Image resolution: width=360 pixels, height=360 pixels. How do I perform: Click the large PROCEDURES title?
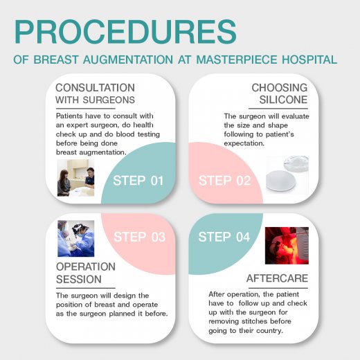point(125,32)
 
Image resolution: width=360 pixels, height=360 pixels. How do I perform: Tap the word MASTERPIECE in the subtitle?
point(237,60)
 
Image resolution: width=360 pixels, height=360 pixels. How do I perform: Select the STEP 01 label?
point(138,181)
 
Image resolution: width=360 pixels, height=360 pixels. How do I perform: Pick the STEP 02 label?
point(224,181)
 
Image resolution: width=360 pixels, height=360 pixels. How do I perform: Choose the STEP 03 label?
point(140,237)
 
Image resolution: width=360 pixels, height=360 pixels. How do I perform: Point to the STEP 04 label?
point(224,237)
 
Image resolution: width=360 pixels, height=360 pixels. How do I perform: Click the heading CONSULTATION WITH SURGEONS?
point(95,93)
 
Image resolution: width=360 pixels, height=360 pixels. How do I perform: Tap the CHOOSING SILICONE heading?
point(280,93)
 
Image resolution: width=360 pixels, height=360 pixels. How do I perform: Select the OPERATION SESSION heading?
point(86,273)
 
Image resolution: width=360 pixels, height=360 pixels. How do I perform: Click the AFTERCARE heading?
point(277,278)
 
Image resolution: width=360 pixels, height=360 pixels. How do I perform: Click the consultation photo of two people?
point(75,178)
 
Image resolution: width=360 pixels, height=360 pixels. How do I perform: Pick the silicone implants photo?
point(287,174)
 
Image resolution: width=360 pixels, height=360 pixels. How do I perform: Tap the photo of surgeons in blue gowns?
point(76,238)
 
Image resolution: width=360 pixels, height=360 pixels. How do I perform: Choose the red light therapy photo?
point(287,246)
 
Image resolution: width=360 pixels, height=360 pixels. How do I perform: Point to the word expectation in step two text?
point(244,143)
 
